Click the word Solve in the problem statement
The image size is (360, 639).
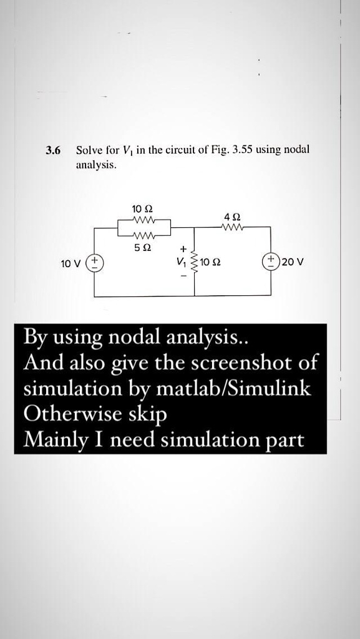click(x=87, y=150)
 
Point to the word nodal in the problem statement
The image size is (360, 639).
click(x=297, y=150)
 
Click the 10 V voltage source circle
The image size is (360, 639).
click(x=94, y=261)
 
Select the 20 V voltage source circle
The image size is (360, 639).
click(x=271, y=261)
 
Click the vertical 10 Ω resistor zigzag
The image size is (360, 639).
click(x=196, y=262)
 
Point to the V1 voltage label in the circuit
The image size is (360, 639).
click(x=182, y=262)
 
